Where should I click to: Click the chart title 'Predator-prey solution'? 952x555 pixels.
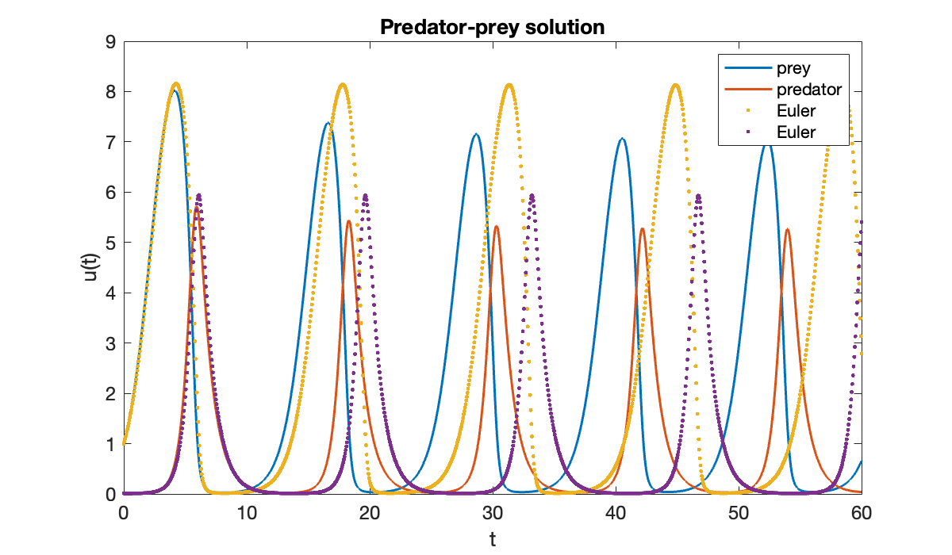(492, 27)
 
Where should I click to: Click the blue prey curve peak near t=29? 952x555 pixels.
(475, 134)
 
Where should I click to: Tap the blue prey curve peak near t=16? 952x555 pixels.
(327, 123)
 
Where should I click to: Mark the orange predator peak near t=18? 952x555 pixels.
(349, 220)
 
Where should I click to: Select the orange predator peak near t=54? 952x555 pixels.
(787, 229)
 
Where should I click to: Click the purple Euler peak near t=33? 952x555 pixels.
(532, 195)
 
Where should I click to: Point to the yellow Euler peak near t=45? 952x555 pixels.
(675, 85)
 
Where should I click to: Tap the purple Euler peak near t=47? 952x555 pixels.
(698, 195)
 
